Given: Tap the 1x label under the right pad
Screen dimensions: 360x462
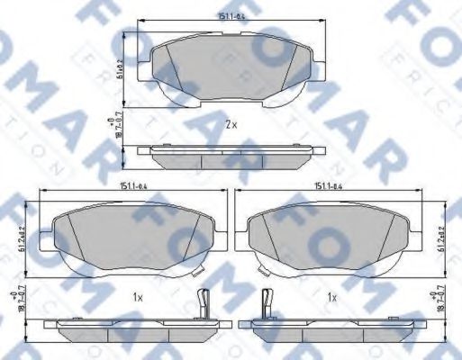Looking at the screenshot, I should point(332,296).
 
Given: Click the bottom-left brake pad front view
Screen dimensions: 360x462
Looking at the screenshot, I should point(130,238).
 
